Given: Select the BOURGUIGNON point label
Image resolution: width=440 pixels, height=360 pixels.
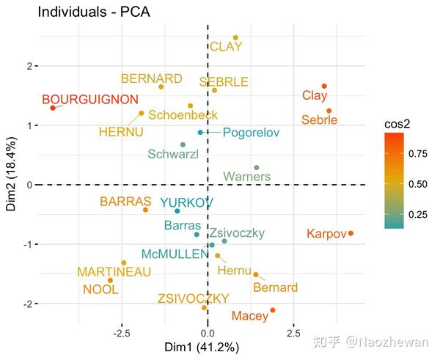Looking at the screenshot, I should click(89, 99).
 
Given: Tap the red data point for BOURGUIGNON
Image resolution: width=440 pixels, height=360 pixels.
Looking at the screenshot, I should click(53, 108).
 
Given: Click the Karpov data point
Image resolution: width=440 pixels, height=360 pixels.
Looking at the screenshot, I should click(351, 233).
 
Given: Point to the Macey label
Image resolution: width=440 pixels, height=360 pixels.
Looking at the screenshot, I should click(249, 316).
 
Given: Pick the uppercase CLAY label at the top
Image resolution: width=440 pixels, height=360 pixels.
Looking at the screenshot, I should click(226, 47).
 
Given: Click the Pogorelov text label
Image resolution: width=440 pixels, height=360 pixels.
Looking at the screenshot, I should click(251, 133).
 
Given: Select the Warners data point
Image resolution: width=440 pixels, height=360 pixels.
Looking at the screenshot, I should click(256, 168).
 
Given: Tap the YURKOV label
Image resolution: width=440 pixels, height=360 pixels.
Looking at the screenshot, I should click(187, 202).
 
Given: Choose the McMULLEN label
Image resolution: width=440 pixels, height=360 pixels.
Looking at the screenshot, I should click(175, 254).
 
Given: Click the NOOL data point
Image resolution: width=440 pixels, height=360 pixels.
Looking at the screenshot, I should click(111, 280).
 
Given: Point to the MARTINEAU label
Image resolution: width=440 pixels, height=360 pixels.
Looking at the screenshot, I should click(114, 272).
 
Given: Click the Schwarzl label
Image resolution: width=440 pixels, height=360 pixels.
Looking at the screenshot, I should click(173, 154).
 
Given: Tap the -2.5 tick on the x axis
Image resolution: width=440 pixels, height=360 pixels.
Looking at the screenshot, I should click(122, 331).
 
